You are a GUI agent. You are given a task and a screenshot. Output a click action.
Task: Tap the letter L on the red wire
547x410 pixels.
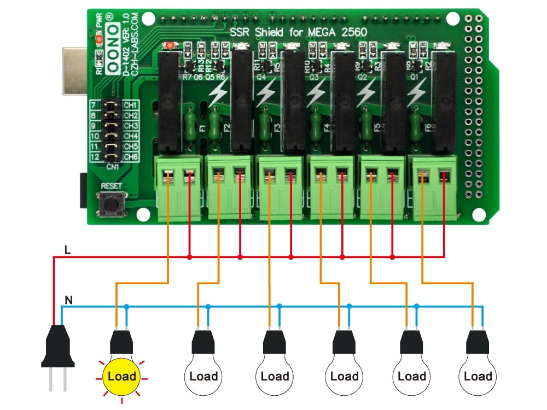coord(67,250)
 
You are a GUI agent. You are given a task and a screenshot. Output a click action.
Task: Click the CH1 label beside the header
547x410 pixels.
coord(131,105)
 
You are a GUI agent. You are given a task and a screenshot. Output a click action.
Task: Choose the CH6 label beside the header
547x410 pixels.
coord(131,157)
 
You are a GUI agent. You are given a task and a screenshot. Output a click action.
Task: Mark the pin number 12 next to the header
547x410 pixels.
coord(94,157)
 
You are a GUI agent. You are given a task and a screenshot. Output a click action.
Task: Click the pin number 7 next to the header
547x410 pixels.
coord(94,105)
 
